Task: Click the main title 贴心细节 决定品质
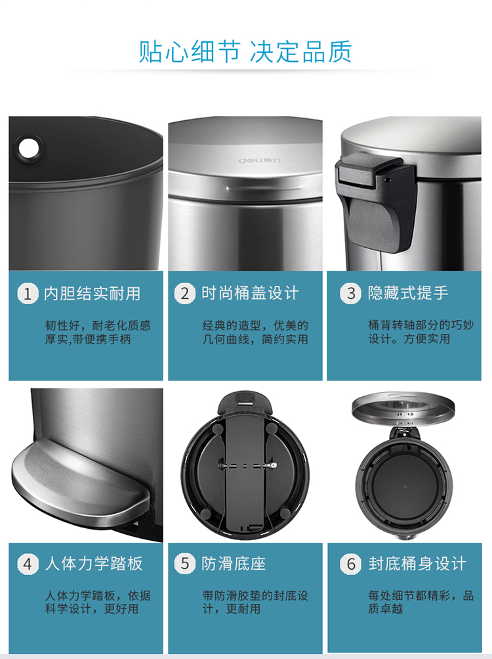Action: tap(245, 52)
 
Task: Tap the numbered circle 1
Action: tap(28, 293)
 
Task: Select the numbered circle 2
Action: tap(185, 293)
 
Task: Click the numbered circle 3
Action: tap(350, 293)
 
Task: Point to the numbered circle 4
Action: tap(28, 564)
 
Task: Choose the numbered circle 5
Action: tap(185, 564)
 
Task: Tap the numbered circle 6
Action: tap(350, 564)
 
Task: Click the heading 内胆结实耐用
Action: tap(92, 293)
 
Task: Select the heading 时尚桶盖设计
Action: tap(250, 293)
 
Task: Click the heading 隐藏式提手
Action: tap(409, 293)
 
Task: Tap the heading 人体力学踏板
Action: tap(94, 564)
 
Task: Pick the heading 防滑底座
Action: tap(234, 564)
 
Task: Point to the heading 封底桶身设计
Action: tap(418, 564)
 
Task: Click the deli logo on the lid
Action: tap(260, 160)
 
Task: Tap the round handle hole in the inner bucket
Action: tap(30, 147)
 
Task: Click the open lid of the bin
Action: tap(403, 407)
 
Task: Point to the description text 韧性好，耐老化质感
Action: tap(98, 326)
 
